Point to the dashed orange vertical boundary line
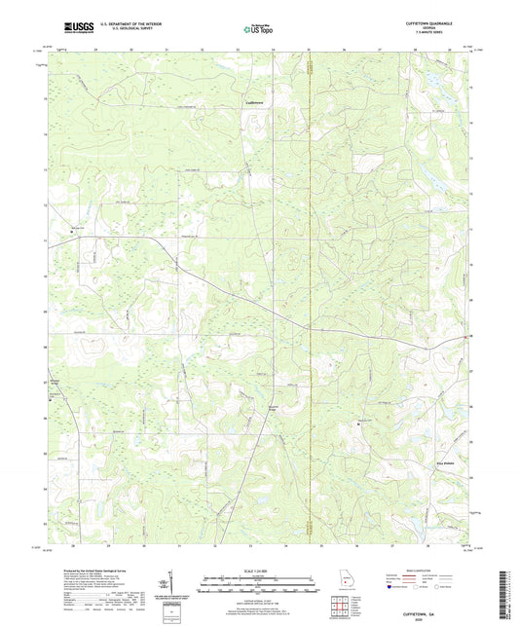pos(309,292)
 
